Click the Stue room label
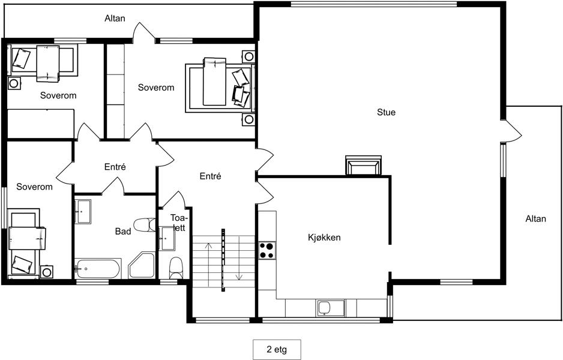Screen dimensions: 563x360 point(387,112)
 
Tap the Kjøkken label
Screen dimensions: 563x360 point(324,238)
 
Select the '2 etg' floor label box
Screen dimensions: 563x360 point(277,349)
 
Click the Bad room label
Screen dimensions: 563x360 point(123,232)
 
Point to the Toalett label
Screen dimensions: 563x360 point(178,223)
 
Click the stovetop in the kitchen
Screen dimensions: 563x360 point(267,251)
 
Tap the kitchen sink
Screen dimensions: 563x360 point(325,308)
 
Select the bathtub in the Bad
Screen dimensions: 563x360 point(98,268)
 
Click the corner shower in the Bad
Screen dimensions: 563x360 point(142,265)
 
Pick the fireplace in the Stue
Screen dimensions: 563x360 point(363,166)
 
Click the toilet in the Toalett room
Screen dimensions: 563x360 point(176,268)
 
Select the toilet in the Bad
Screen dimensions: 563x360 point(145,225)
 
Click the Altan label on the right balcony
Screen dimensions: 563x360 point(536,219)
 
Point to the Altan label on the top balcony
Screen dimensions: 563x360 point(115,19)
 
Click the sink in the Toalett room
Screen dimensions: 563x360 point(167,239)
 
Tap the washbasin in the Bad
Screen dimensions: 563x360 point(83,212)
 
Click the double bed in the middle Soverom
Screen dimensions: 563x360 point(220,88)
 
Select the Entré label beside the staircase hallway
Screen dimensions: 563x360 point(211,176)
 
